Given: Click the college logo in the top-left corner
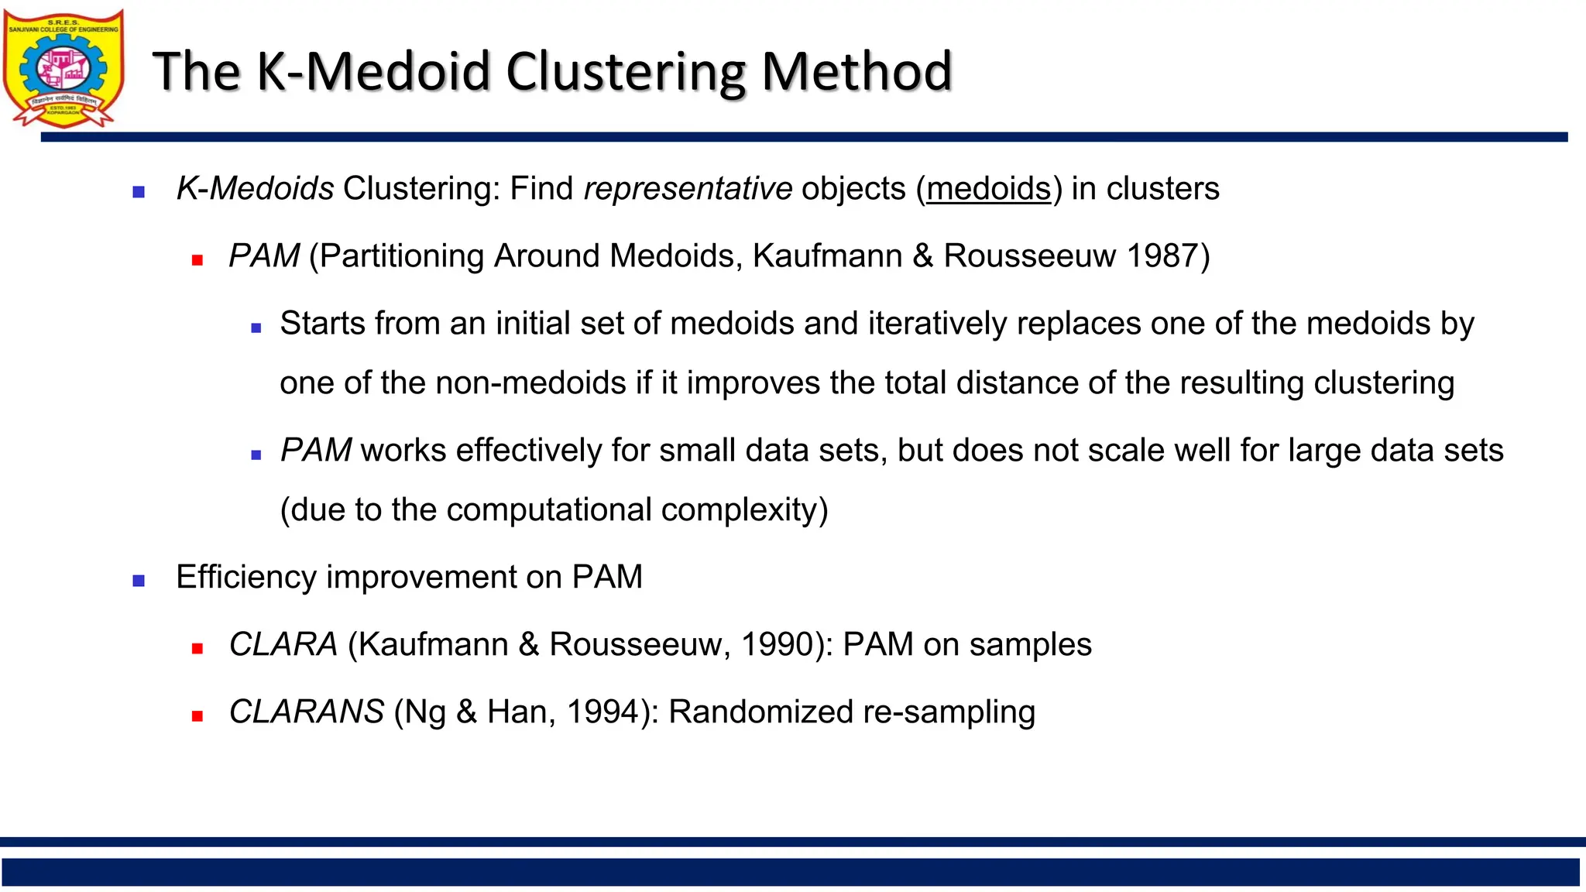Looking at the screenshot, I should pos(64,68).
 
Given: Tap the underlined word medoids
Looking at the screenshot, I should pos(989,188).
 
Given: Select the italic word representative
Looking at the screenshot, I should pos(688,188).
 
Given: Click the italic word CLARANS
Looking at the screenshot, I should pos(307,712).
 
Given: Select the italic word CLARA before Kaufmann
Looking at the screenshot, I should pos(283,644).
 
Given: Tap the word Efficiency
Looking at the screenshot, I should pos(246,577).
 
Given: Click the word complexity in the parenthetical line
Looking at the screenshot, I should pos(745,509).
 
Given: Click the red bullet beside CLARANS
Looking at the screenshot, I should pos(197,716).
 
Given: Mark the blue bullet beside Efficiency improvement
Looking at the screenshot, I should pos(139,581).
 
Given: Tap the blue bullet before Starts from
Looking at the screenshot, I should pos(256,328).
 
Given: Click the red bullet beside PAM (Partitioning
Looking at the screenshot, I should pos(197,261).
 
